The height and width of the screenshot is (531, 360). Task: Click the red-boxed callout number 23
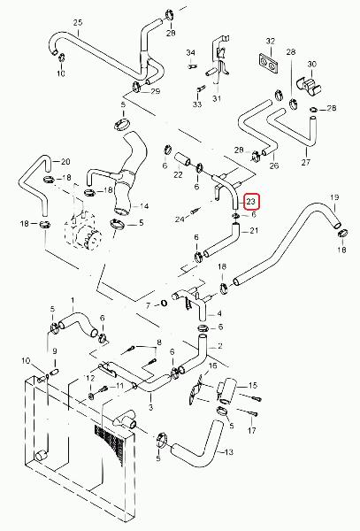[250, 202]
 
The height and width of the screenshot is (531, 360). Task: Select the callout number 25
[78, 23]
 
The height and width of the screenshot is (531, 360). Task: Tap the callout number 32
[271, 42]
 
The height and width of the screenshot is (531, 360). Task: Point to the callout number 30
[311, 64]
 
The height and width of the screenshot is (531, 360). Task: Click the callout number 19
[334, 197]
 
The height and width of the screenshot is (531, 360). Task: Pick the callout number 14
[144, 206]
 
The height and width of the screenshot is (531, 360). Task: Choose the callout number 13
[229, 452]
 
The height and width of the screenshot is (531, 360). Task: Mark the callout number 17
[252, 430]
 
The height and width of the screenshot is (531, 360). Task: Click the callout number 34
[190, 53]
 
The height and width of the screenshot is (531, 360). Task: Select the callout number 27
[305, 162]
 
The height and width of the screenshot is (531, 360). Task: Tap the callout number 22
[178, 174]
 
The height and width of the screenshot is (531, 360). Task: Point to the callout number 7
[148, 306]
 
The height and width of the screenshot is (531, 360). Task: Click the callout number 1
[72, 300]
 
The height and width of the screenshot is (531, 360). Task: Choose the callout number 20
[65, 162]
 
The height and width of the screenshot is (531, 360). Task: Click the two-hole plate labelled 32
[269, 63]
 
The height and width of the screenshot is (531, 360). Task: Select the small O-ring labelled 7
[164, 302]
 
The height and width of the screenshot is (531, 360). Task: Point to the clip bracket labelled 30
[309, 87]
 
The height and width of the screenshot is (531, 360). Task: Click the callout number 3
[150, 407]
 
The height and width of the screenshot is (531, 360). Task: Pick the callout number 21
[254, 231]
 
